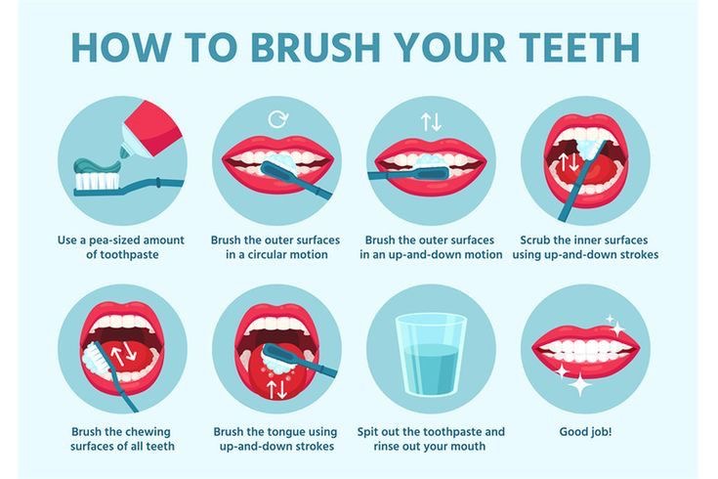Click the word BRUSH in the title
pyautogui.click(x=316, y=47)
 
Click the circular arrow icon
pyautogui.click(x=278, y=119)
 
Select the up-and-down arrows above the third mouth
pyautogui.click(x=431, y=121)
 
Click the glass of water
pyautogui.click(x=431, y=354)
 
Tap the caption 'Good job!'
pyautogui.click(x=585, y=432)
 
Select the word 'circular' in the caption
pyautogui.click(x=268, y=254)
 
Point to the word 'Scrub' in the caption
pyautogui.click(x=535, y=240)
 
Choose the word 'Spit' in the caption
pyautogui.click(x=367, y=432)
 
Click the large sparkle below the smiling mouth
pyautogui.click(x=579, y=384)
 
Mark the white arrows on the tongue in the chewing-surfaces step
pyautogui.click(x=123, y=352)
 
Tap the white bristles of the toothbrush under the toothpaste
pyautogui.click(x=97, y=181)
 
